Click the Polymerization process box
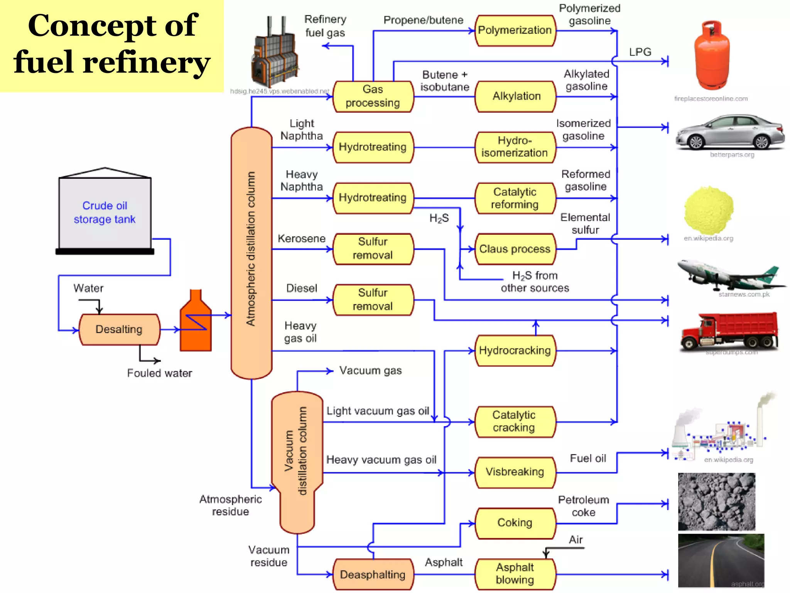click(x=515, y=30)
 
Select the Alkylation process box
click(x=516, y=97)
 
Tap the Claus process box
click(x=515, y=249)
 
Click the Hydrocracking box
click(x=515, y=351)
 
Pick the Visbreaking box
click(x=515, y=472)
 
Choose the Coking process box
click(x=515, y=523)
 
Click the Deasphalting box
click(x=373, y=574)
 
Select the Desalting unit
click(x=119, y=329)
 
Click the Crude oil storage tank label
click(x=105, y=212)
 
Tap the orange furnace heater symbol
click(x=196, y=322)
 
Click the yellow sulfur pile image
click(x=709, y=210)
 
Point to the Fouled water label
click(x=159, y=373)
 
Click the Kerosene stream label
click(x=301, y=239)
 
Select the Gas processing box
click(x=373, y=97)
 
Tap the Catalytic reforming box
click(x=515, y=198)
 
